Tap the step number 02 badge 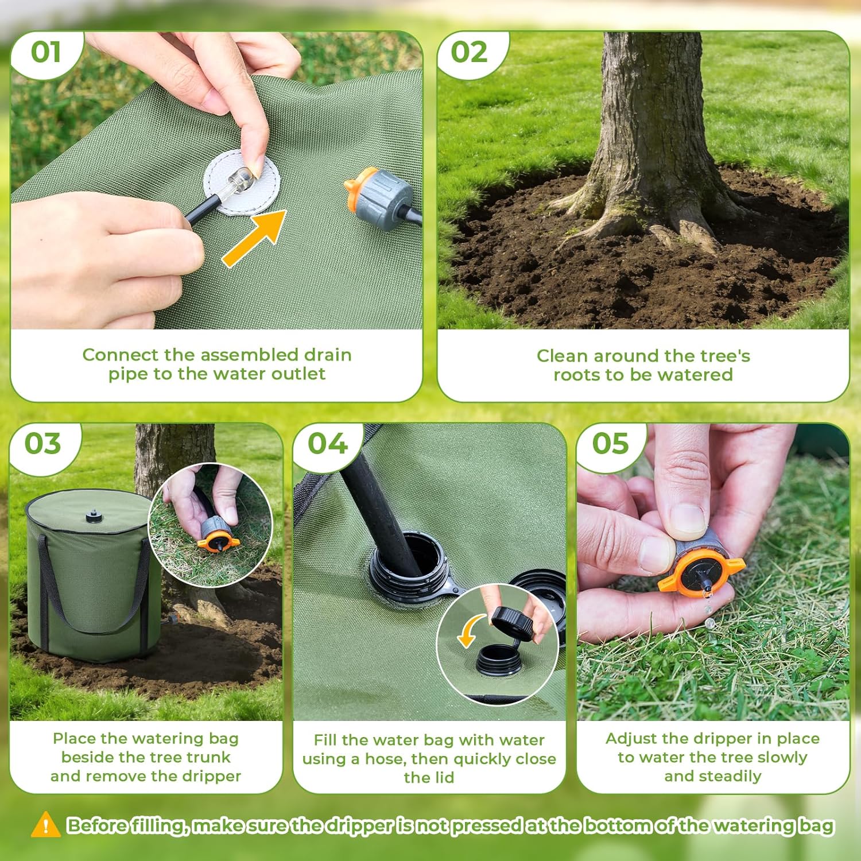tap(469, 52)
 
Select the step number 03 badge tap(42, 444)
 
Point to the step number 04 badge tap(327, 444)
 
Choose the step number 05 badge tap(611, 444)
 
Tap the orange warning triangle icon tap(45, 825)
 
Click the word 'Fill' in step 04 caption tap(325, 740)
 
